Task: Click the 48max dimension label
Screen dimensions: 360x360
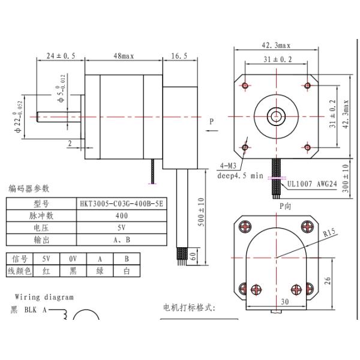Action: point(123,56)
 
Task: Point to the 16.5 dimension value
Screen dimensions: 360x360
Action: point(179,56)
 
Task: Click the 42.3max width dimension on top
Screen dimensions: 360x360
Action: point(275,44)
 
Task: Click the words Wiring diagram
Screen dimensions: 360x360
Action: point(44,296)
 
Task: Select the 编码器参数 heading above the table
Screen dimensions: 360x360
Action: point(29,189)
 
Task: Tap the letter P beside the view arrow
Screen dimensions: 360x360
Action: point(211,122)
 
